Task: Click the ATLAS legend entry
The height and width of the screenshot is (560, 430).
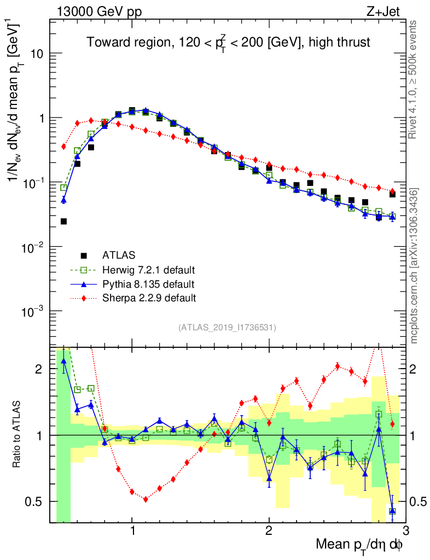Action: point(119,255)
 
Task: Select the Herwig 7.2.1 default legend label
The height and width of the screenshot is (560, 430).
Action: point(149,270)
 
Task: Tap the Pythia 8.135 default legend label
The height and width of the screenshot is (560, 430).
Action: point(148,284)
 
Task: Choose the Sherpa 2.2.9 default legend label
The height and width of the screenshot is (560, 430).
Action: point(149,299)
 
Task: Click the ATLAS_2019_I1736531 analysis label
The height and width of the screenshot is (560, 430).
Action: point(227,328)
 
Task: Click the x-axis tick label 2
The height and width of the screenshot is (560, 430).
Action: point(269,530)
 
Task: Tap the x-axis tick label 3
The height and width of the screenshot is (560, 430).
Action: point(405,530)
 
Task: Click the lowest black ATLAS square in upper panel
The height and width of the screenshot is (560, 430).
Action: point(63,221)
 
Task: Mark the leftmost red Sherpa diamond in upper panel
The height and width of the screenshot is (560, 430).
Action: point(63,147)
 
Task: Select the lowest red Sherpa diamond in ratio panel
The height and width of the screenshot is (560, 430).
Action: point(146,499)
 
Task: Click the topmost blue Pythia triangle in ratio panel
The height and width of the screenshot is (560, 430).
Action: point(63,360)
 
